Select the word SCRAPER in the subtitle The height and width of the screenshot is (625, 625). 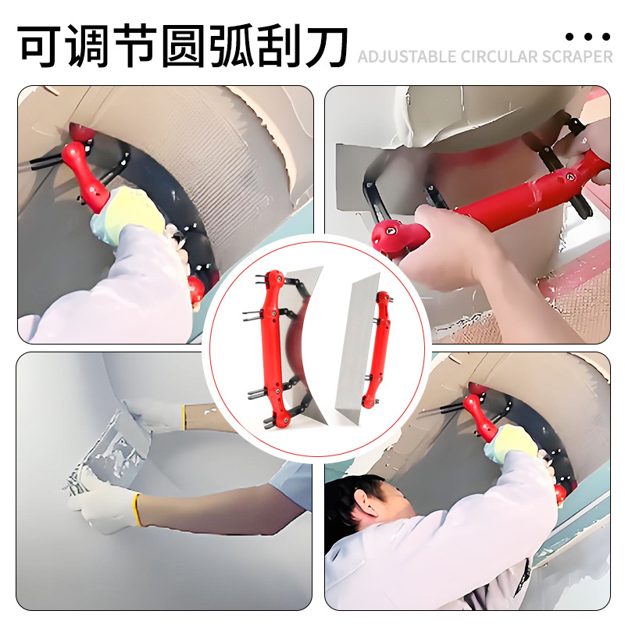pyautogui.click(x=577, y=57)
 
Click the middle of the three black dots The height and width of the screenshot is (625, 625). pyautogui.click(x=587, y=36)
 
